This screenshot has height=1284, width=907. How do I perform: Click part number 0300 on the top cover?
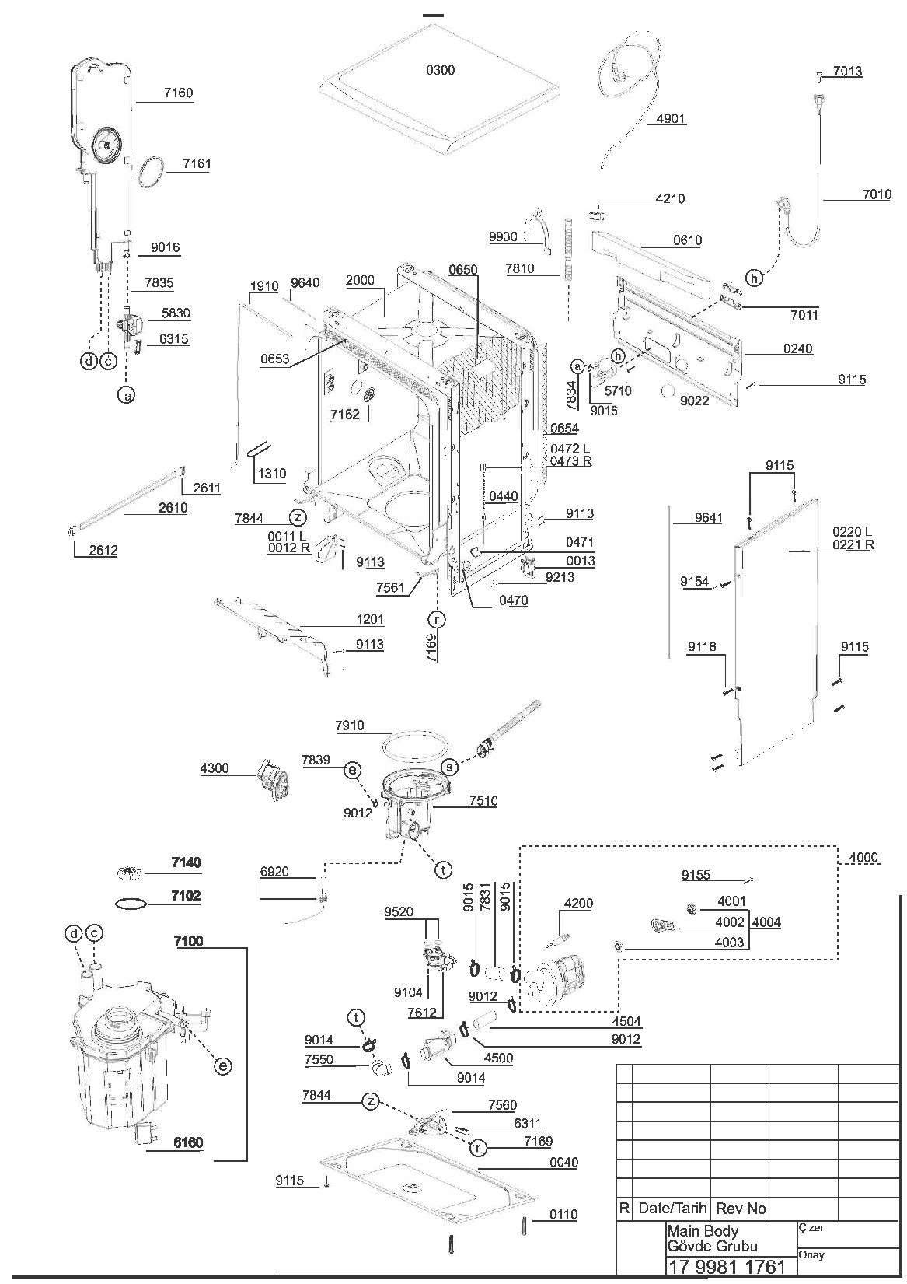point(440,70)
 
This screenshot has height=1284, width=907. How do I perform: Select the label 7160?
point(178,93)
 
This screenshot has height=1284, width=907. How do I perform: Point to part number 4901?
point(671,119)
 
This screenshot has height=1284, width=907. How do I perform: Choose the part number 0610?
point(687,240)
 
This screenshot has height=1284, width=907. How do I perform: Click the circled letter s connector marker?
point(450,767)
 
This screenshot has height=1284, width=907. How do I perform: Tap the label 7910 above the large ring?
point(350,726)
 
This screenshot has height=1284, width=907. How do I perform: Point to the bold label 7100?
point(188,941)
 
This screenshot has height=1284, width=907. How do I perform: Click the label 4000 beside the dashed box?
point(863,858)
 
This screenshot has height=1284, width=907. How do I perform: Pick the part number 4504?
point(626,1021)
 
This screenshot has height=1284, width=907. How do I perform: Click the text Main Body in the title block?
point(703,1230)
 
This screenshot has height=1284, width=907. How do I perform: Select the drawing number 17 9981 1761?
point(727,1266)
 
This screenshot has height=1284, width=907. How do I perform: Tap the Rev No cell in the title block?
point(741,1209)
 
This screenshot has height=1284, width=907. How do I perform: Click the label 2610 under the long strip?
point(173,508)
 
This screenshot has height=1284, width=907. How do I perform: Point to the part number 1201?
point(369,620)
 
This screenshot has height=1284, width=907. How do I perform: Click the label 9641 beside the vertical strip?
point(708,518)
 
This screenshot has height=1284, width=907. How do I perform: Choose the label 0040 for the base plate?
point(563,1162)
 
